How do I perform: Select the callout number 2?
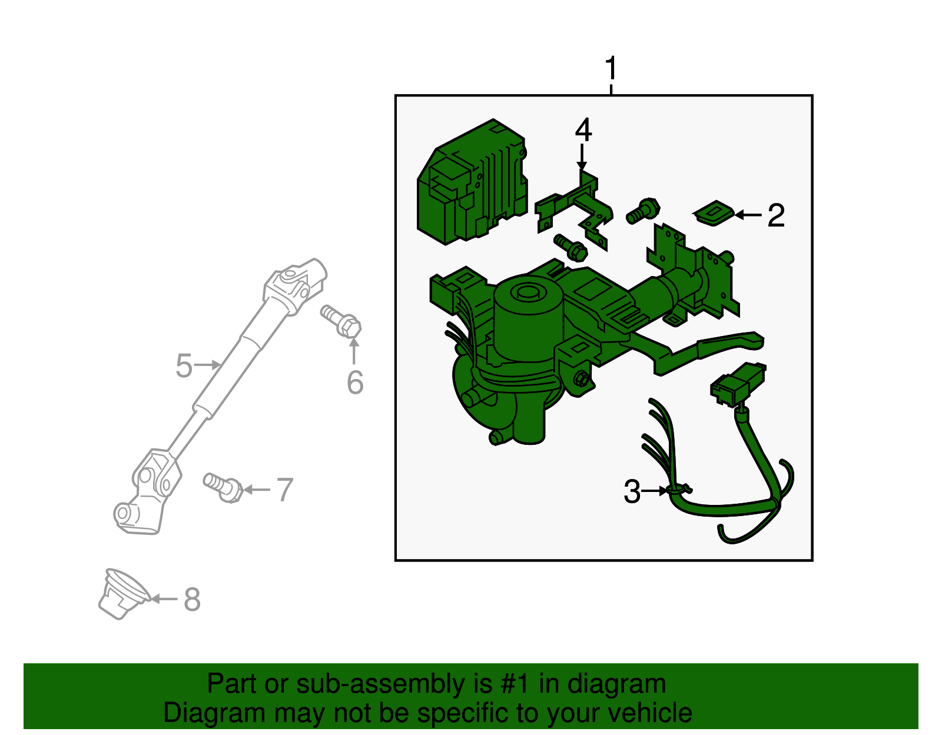tap(776, 215)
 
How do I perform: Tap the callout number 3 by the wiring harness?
tap(632, 491)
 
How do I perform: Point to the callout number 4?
tap(583, 130)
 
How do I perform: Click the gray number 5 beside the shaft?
tap(184, 366)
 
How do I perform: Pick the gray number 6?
tap(355, 383)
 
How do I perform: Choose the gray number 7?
tap(285, 490)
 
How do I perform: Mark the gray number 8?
tap(192, 600)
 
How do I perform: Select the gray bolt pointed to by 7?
tap(223, 487)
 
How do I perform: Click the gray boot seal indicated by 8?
tap(122, 594)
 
